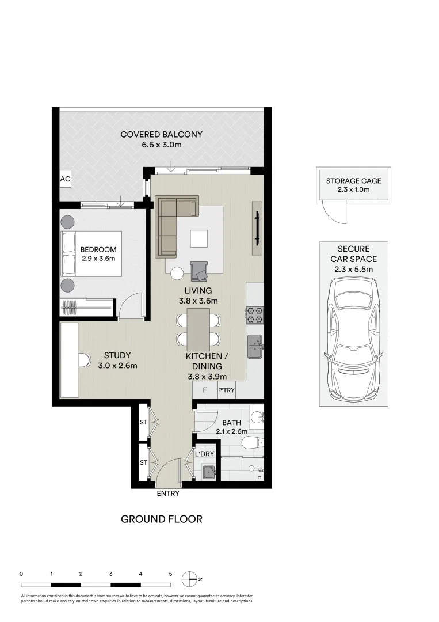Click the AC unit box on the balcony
click(65, 179)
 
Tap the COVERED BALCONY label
click(161, 135)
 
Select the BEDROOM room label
click(98, 249)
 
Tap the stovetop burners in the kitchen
click(255, 314)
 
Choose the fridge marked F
click(204, 390)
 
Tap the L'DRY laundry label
click(204, 454)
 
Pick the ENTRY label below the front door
click(168, 494)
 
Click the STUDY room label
click(117, 355)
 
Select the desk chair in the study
click(84, 361)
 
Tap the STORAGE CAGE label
click(353, 180)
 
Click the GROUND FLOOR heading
click(161, 519)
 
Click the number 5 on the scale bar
click(170, 574)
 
